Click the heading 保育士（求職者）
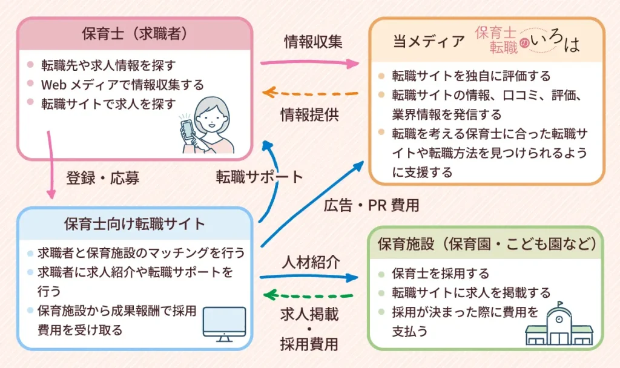coord(134,34)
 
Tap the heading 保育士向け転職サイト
coord(134,223)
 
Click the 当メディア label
coord(428,42)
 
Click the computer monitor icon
coord(224,324)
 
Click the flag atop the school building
coord(561,304)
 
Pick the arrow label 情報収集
coord(313,42)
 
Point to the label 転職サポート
coord(259,177)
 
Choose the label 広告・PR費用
coord(371,205)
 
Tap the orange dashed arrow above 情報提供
coord(311,93)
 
